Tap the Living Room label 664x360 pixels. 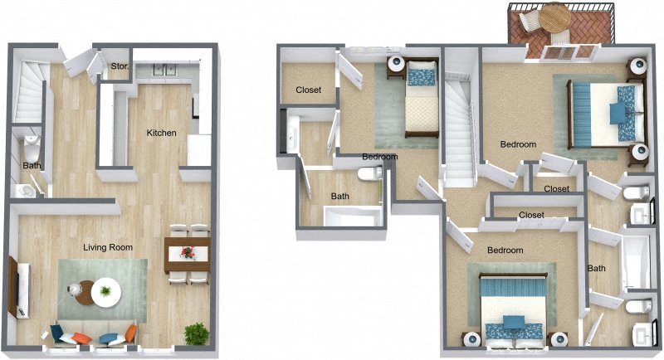coord(108,247)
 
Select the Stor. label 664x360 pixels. coord(119,66)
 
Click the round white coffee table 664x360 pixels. coord(105,290)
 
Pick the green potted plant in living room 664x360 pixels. coord(197,333)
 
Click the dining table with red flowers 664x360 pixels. coord(186,253)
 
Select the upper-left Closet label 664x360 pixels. coord(309,90)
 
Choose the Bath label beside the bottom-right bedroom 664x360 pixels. coord(597,269)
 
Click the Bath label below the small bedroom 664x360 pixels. coord(340,197)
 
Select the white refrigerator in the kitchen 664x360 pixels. coord(199,150)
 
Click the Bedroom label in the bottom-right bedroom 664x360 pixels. coord(505,251)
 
